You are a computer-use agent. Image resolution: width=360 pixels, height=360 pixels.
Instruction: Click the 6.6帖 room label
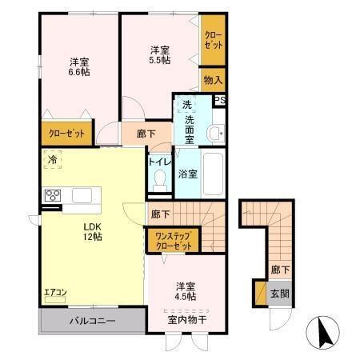(78, 66)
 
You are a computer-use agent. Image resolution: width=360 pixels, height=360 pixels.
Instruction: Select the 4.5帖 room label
(185, 290)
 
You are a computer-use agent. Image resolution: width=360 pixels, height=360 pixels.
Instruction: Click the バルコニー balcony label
(91, 321)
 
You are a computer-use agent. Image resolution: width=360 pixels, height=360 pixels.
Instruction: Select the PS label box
(220, 100)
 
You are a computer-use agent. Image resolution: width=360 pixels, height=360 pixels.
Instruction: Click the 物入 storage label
(213, 80)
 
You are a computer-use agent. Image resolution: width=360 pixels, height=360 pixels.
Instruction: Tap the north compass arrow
(323, 331)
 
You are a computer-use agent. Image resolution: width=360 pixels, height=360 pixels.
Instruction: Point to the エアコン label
(55, 293)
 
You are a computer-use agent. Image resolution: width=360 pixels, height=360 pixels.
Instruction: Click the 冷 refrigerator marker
(52, 160)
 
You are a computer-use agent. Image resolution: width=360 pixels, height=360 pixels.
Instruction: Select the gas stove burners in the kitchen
(54, 195)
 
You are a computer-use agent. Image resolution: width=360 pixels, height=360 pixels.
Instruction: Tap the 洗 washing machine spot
(186, 105)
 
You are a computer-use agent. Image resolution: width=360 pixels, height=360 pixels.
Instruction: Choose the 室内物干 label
(187, 319)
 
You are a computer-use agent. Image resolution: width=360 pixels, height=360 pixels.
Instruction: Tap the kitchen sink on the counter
(82, 195)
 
